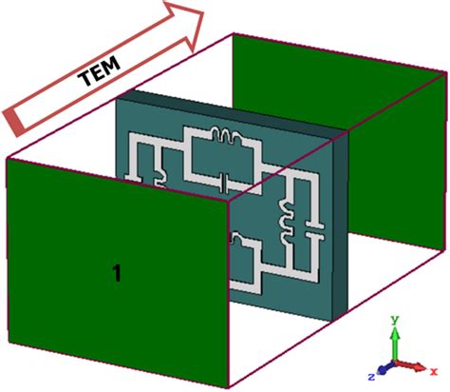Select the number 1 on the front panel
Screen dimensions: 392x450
pyautogui.click(x=116, y=274)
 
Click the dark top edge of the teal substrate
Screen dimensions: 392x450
pyautogui.click(x=228, y=99)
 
